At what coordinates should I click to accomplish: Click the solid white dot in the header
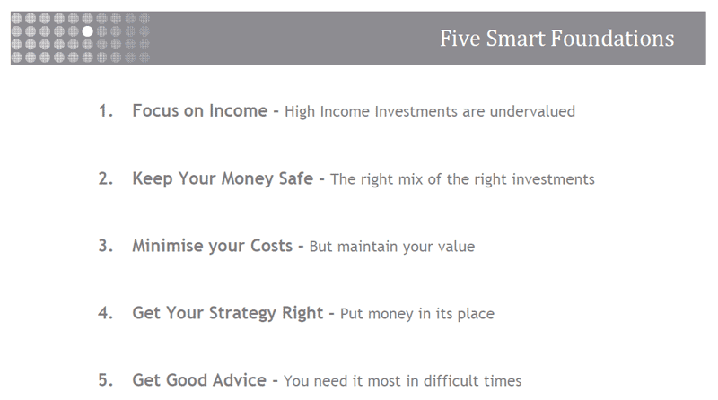tap(87, 31)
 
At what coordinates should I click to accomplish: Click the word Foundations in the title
tap(612, 39)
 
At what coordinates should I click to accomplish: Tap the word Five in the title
tap(460, 39)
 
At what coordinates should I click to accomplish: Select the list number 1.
tap(105, 110)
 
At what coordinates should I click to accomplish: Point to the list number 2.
tap(105, 178)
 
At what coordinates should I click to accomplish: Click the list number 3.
tap(105, 246)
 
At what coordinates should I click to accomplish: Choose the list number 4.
tap(105, 313)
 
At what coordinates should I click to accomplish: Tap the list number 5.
tap(105, 380)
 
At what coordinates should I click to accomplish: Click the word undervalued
tap(532, 111)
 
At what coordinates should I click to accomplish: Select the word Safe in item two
tap(296, 178)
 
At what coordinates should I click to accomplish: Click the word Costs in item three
tap(271, 246)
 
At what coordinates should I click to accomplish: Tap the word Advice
tap(239, 380)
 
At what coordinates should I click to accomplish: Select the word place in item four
tap(477, 314)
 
